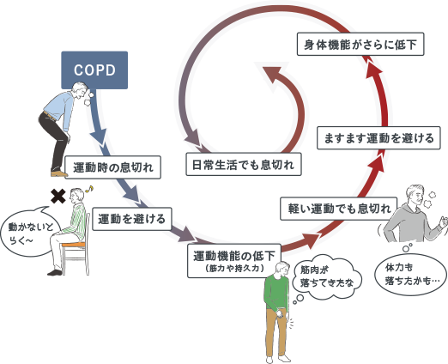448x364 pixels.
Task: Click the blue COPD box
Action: pos(94,70)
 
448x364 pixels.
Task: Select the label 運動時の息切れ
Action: pos(112,167)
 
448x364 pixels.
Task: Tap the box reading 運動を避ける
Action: pos(132,219)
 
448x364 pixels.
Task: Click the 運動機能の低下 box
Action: pos(234,260)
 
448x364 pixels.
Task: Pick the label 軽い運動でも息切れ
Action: pos(339,209)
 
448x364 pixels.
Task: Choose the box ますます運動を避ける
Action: pos(378,138)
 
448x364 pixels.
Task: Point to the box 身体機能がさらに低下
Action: pos(360,44)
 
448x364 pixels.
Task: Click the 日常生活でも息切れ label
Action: pos(244,164)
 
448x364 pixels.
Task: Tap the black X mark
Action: pos(58,197)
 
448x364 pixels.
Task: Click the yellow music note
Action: pos(90,188)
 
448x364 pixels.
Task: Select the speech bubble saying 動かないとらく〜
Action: pos(30,233)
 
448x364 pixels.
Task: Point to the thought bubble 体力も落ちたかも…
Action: pos(410,276)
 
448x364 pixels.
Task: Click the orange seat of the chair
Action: pos(74,245)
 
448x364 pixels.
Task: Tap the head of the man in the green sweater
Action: pos(282,269)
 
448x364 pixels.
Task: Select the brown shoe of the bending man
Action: pos(59,173)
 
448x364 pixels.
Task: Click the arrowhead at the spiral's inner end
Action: pos(271,75)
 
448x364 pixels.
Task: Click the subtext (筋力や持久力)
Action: pos(234,269)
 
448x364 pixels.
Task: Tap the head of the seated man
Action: pos(77,196)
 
